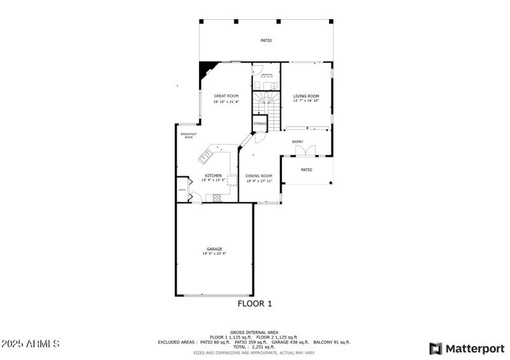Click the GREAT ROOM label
point(226,96)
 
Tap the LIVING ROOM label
point(306,96)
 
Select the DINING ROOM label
point(259,176)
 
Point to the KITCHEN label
point(213,175)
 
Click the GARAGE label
point(214,248)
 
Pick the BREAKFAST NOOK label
point(188,135)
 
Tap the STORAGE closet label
point(260,124)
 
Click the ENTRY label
point(298,141)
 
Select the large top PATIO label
point(266,40)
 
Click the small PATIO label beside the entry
point(306,169)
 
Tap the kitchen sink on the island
point(208,154)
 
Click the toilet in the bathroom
point(257,85)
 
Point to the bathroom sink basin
point(274,85)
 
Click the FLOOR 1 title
point(255,304)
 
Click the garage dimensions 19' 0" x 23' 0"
point(214,254)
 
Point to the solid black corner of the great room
point(205,68)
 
